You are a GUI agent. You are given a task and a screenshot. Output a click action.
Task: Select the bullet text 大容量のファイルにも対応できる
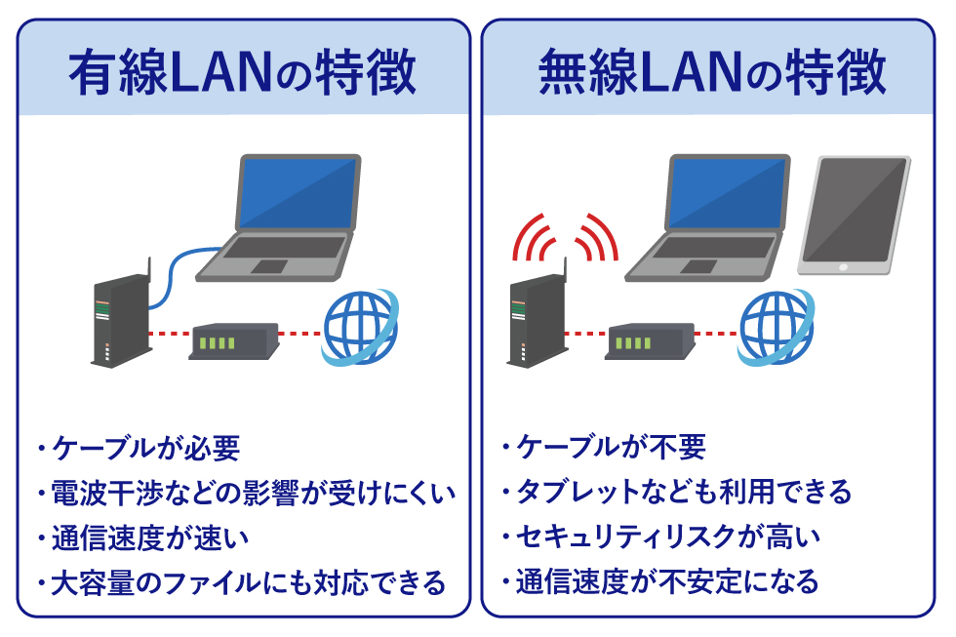244,582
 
